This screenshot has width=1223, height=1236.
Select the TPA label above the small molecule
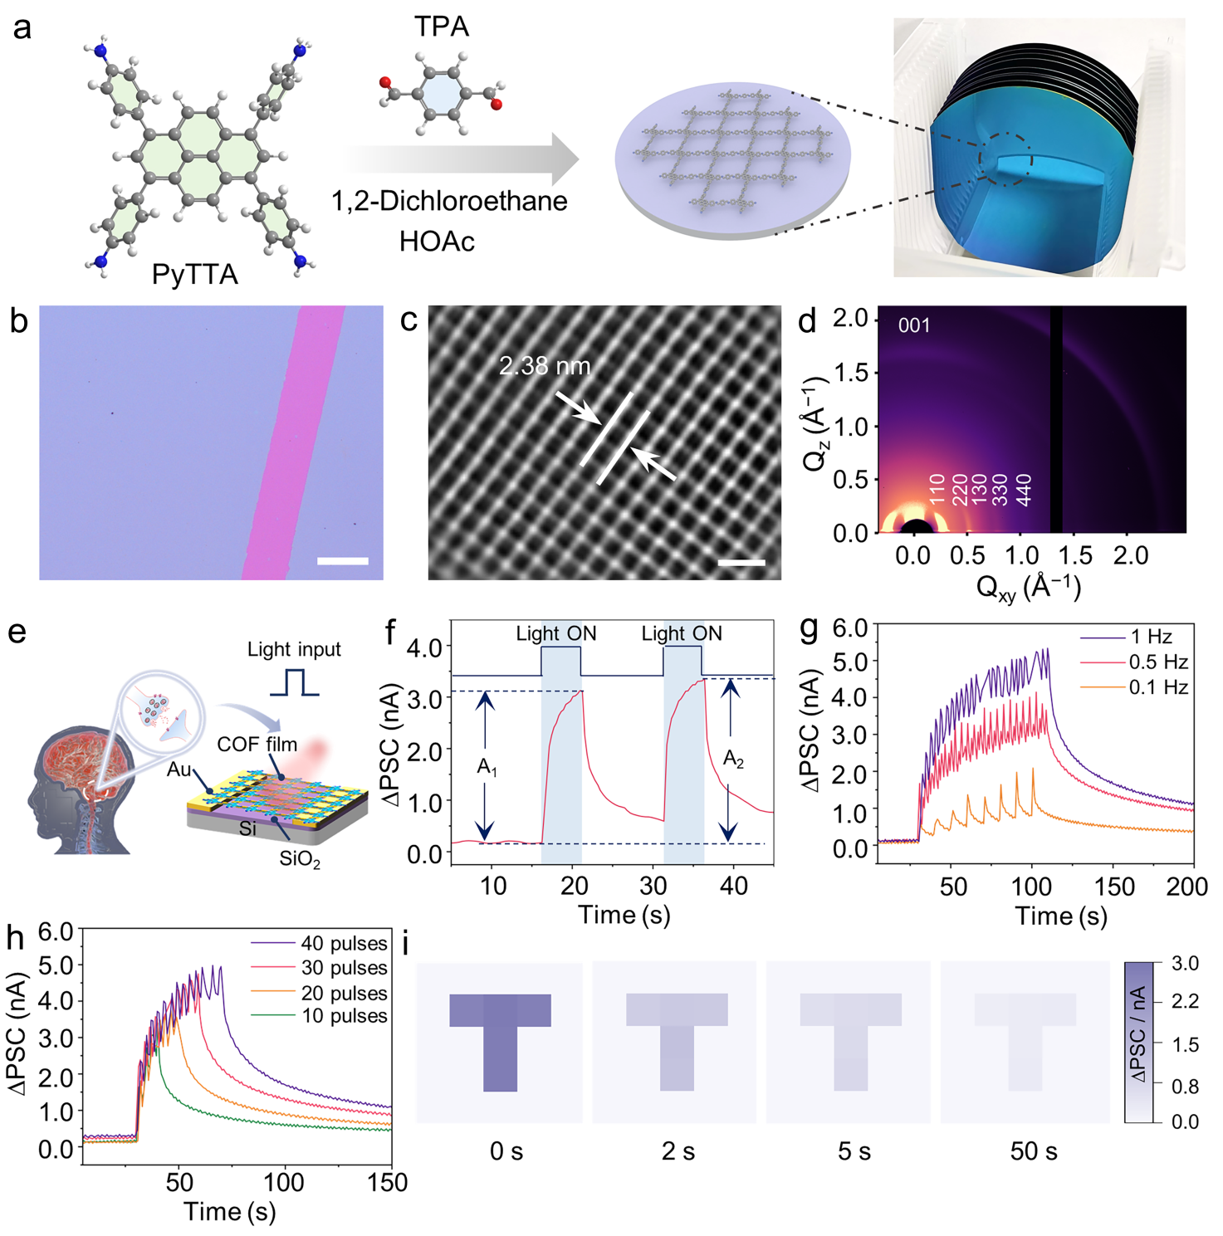tap(442, 27)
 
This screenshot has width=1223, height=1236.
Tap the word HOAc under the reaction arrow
tap(437, 242)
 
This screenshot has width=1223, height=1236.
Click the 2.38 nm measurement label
tap(545, 366)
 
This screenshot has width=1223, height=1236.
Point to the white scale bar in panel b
tap(343, 562)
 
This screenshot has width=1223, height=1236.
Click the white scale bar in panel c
tap(741, 563)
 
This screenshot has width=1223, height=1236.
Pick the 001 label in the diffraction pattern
tap(913, 325)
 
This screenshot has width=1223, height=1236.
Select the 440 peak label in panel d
tap(1025, 490)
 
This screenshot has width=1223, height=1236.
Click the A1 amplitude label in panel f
tap(487, 768)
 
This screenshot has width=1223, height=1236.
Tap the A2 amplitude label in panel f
tap(733, 759)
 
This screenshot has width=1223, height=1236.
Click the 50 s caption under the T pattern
tap(1034, 1151)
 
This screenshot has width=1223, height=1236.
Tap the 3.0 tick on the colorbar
tap(1185, 964)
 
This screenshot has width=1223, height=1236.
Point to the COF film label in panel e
tap(257, 745)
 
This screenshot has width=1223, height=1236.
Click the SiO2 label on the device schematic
tap(299, 859)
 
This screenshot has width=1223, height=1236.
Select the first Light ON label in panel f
tap(556, 633)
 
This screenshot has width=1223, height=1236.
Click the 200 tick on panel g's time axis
tap(1187, 887)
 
